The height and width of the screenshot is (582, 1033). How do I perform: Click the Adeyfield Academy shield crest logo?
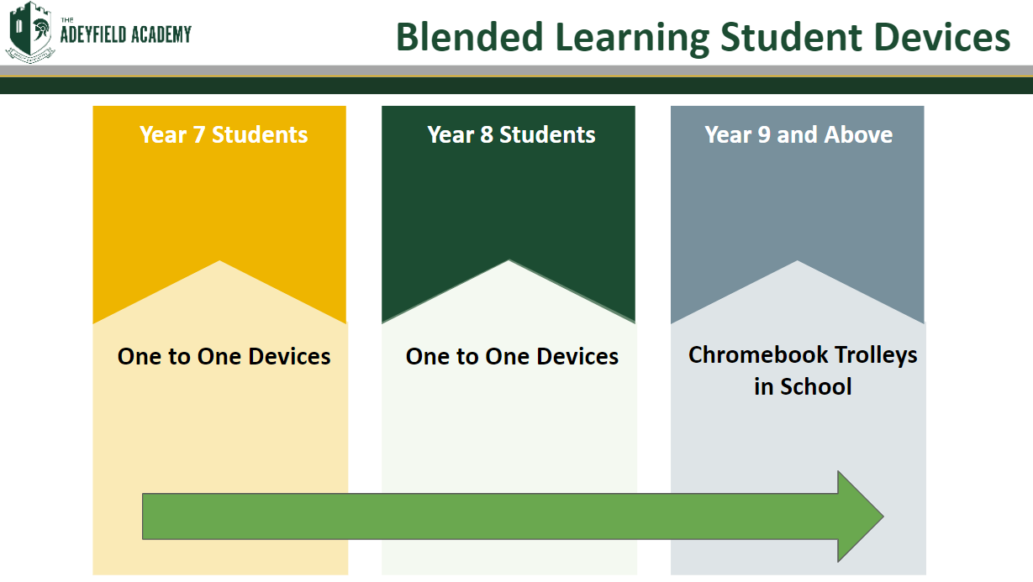[x=30, y=32]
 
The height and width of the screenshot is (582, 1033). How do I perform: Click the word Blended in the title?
[x=470, y=37]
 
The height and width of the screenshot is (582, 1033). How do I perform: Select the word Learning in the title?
[x=632, y=39]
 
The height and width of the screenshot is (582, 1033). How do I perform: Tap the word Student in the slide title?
[x=791, y=37]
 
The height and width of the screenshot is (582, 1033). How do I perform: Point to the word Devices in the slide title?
[x=942, y=37]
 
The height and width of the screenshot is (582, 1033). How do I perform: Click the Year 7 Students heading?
[x=224, y=134]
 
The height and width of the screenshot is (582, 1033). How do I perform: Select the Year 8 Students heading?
[x=511, y=134]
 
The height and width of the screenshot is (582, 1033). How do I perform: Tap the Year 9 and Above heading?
[x=798, y=134]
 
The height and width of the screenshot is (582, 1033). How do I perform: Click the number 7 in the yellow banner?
[x=198, y=135]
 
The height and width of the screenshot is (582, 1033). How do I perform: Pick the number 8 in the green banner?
[x=487, y=135]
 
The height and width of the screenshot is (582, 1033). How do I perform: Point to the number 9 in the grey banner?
[x=764, y=135]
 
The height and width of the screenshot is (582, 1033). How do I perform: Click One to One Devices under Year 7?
[x=224, y=356]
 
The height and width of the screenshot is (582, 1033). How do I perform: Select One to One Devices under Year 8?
[x=512, y=356]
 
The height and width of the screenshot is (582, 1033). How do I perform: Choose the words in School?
[x=803, y=386]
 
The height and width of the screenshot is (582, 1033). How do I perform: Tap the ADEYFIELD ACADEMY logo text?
[x=125, y=34]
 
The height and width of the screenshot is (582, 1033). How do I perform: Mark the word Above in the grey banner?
[x=858, y=134]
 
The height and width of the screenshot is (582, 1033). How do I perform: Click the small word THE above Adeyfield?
[x=67, y=20]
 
